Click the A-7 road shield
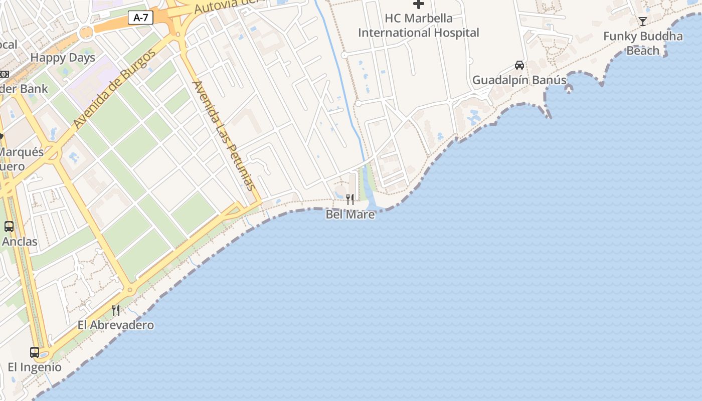coord(141,18)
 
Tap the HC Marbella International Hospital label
coord(418,26)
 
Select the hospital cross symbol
coord(418,5)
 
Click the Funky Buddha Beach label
coord(642,43)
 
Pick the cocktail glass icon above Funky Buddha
coord(642,21)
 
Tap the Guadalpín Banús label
coord(519,80)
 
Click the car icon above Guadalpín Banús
coord(519,65)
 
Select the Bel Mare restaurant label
coord(350,215)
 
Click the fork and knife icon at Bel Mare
coord(350,199)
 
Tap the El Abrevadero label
coord(115,325)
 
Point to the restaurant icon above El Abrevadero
coord(116,310)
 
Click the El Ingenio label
coord(35,367)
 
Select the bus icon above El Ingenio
coord(35,352)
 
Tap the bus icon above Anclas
coord(9,227)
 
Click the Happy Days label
coord(63,58)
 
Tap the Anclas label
coord(20,242)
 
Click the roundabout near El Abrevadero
coord(130,290)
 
